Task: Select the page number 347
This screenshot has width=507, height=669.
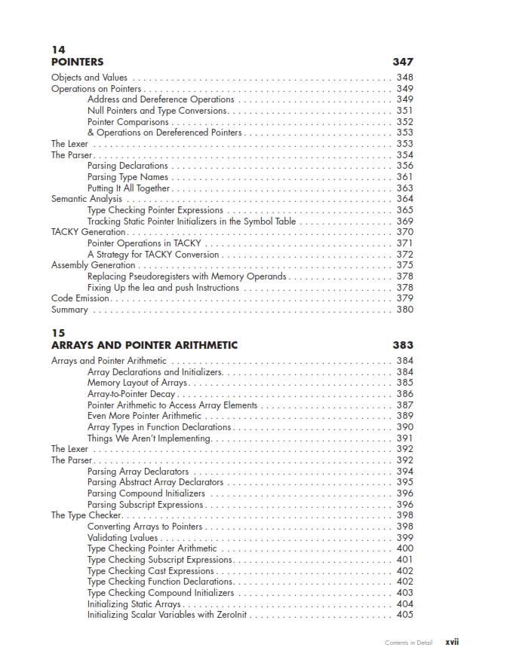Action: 403,63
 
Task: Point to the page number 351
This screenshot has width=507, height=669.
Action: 404,111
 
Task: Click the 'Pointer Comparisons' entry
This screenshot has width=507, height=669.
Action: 128,122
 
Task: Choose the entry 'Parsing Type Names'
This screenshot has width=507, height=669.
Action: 128,177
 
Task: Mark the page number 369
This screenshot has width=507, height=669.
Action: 404,221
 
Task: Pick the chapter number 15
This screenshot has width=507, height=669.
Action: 58,332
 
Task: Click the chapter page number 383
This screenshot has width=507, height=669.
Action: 403,346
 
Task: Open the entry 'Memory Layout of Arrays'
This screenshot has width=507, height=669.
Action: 137,383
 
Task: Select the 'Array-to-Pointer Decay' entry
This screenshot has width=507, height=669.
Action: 131,394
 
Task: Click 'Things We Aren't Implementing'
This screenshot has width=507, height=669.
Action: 149,438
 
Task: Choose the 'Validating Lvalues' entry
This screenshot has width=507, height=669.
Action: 123,538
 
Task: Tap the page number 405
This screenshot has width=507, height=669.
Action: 404,615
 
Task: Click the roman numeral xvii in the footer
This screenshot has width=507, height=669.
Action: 452,643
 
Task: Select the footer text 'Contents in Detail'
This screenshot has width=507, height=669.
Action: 408,643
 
